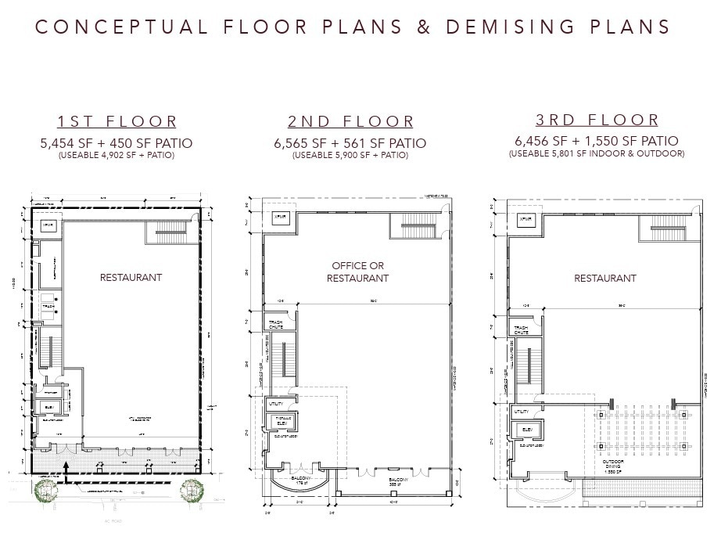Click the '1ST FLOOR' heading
click(117, 122)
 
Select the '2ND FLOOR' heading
click(350, 122)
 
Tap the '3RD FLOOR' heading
click(597, 121)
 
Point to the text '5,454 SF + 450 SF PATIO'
click(117, 143)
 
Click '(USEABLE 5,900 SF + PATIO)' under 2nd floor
click(350, 156)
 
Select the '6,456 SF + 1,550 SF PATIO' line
click(596, 142)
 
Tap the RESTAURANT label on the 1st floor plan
click(131, 277)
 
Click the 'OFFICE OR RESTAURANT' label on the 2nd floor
click(357, 272)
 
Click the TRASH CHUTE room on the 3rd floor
click(522, 328)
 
